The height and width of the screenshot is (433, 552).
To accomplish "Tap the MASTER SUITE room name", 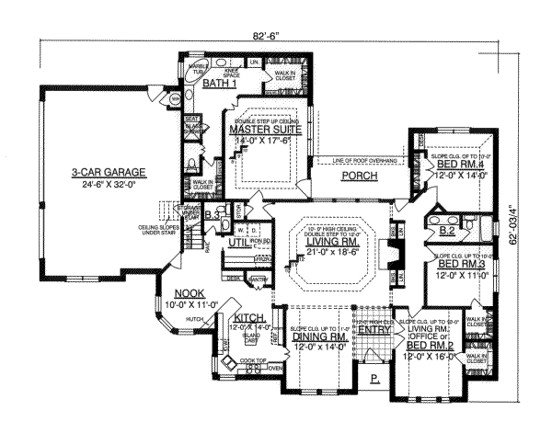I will pyautogui.click(x=261, y=131).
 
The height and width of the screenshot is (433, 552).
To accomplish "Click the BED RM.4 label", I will pyautogui.click(x=456, y=164).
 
